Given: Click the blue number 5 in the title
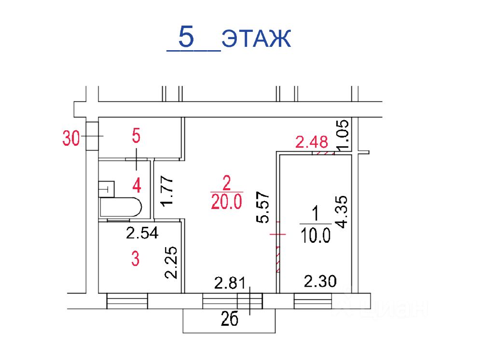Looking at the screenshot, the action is click(x=186, y=37).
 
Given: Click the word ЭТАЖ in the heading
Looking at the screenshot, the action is click(x=256, y=39).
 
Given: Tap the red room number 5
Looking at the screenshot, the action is click(x=136, y=136).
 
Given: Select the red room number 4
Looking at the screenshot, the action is click(x=137, y=185).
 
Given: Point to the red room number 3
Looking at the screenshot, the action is click(x=135, y=259).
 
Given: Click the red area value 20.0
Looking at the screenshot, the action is click(x=227, y=202).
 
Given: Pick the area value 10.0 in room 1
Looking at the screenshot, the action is click(x=315, y=235).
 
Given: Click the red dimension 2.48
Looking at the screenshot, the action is click(x=312, y=142).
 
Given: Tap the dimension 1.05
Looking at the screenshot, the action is click(x=343, y=134).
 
